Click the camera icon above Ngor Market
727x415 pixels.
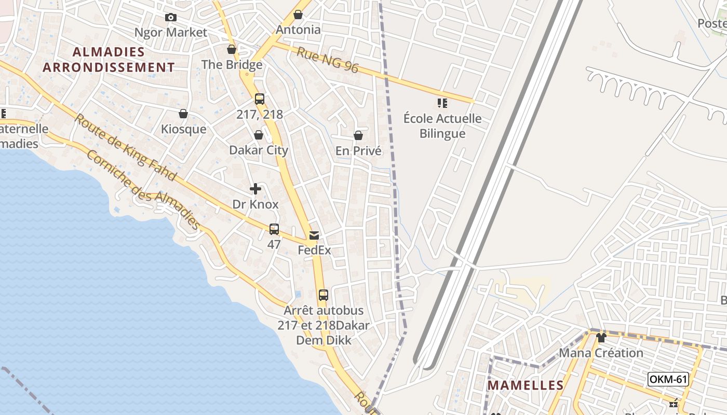[x=170, y=18]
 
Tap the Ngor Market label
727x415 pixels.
[x=171, y=32]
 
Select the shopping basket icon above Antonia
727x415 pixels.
[x=298, y=15]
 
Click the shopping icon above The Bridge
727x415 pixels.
[x=232, y=49]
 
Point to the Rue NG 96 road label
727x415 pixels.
[x=328, y=60]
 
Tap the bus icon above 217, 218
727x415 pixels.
[x=260, y=99]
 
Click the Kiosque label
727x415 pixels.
[x=183, y=129]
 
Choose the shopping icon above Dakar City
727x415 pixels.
[x=259, y=135]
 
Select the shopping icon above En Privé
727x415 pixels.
[x=358, y=135]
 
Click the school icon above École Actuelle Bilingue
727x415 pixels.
[x=442, y=103]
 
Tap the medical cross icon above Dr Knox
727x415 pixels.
[x=255, y=189]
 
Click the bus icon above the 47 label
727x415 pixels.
[x=274, y=229]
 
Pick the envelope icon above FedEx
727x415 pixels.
[x=314, y=236]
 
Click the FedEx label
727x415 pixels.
[x=314, y=250]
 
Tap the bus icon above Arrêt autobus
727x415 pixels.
[x=324, y=295]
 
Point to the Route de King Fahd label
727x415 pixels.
[x=125, y=147]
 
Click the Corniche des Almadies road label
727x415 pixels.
[x=143, y=189]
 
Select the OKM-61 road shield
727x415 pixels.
[x=668, y=379]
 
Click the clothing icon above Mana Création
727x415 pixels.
[x=601, y=338]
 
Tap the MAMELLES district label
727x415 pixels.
[x=526, y=385]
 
